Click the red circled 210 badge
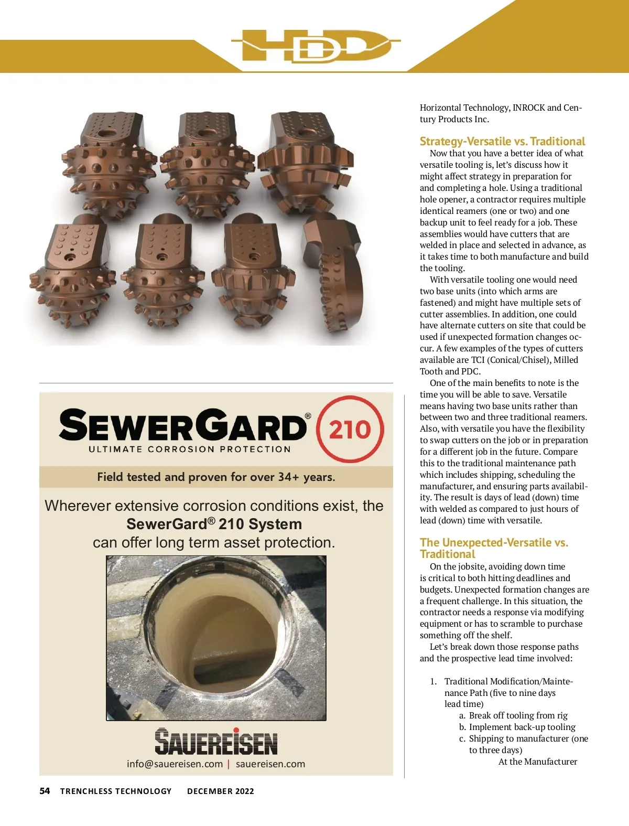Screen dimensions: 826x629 (350, 429)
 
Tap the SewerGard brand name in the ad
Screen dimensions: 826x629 (183, 425)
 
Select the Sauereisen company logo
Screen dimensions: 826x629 (216, 741)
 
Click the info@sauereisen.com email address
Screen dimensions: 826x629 (175, 764)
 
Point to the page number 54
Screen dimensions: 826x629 (45, 791)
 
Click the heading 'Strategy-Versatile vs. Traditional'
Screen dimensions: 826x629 (502, 141)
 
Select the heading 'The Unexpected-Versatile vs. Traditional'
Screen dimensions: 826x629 (494, 548)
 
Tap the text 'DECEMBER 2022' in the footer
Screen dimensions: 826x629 (220, 791)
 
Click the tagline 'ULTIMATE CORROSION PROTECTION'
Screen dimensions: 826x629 (190, 449)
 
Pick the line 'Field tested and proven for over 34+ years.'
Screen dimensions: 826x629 (216, 477)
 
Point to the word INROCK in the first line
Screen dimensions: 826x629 (528, 108)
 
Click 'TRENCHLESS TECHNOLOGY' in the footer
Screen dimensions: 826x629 (116, 791)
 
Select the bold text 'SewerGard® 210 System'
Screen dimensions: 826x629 (214, 524)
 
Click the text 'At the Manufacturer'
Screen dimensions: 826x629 (537, 761)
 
